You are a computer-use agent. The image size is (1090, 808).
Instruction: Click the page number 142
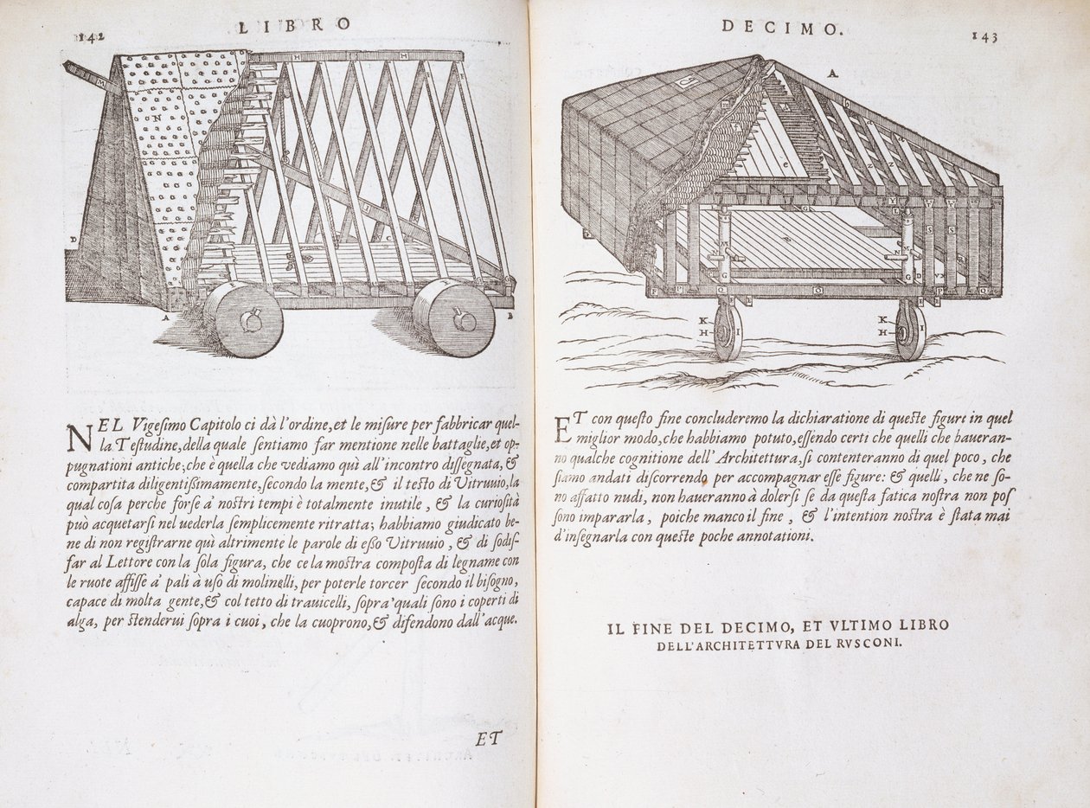click(x=89, y=36)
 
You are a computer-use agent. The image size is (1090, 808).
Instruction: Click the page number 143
click(x=985, y=35)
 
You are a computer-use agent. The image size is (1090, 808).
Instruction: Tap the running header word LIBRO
click(x=294, y=25)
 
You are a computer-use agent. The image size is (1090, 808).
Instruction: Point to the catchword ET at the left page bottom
click(x=489, y=738)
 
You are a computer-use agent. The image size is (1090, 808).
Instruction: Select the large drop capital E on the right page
click(x=561, y=430)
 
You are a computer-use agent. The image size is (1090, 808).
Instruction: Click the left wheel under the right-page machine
click(x=728, y=330)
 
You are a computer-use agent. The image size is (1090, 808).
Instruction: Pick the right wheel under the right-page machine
click(x=910, y=330)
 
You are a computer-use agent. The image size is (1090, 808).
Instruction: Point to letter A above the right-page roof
click(x=832, y=74)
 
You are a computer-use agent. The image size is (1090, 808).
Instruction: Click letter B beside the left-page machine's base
click(x=510, y=317)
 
